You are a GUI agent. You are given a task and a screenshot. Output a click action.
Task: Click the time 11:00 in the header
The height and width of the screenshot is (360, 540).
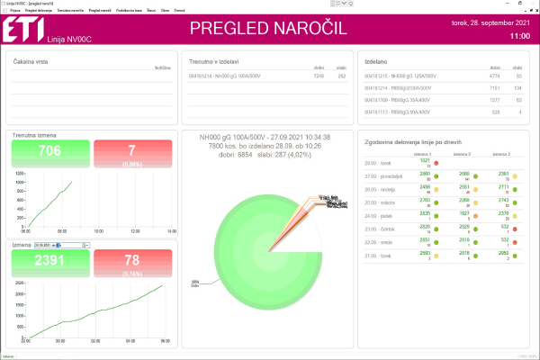click(x=519, y=37)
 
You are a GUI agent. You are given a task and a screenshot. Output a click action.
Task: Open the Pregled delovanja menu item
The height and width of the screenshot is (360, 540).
click(x=39, y=10)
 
